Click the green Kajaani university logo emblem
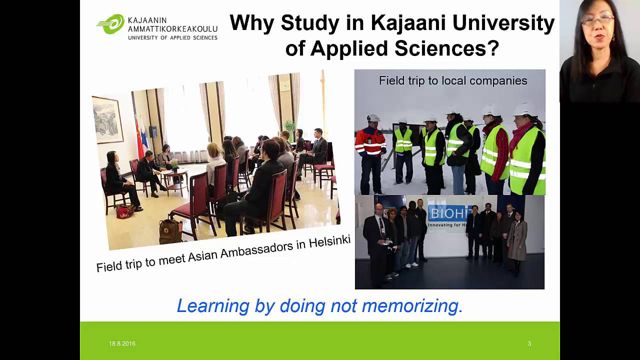point(110,24)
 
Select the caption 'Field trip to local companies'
point(453,80)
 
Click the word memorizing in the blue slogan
point(412,305)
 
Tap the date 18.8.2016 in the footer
point(122,343)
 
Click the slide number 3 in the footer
point(529,343)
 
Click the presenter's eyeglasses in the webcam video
point(597,20)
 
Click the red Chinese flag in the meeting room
point(139,137)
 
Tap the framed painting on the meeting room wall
point(108,119)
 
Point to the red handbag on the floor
point(125,211)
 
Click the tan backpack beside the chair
point(170,231)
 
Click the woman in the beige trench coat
point(517,240)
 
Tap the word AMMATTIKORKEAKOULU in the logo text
point(172,29)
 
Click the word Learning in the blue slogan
point(212,305)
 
